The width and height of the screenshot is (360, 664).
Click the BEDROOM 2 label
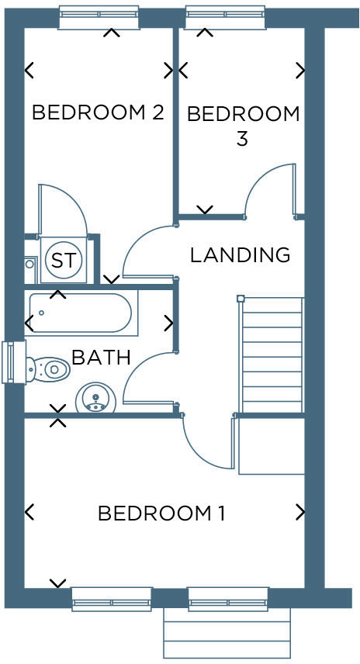[x=97, y=112]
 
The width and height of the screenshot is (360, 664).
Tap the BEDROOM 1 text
[x=161, y=513]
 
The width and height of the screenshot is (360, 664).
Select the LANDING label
[x=240, y=254]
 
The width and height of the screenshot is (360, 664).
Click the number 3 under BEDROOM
[x=241, y=140]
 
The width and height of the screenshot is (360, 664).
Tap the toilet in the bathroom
[x=48, y=368]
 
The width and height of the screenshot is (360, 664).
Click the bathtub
[x=82, y=313]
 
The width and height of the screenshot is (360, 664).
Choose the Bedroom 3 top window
[x=225, y=18]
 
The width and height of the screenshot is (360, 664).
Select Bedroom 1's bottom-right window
[x=228, y=599]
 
